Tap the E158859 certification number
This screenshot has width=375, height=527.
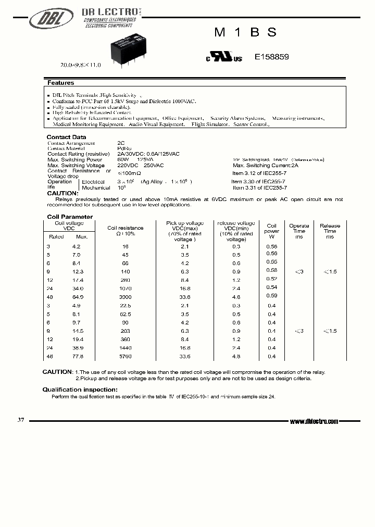point(271,58)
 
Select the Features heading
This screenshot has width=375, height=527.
point(61,83)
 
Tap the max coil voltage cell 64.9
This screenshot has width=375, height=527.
point(77,296)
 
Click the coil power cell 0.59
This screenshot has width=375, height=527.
point(271,296)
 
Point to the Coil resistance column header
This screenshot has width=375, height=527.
point(124,231)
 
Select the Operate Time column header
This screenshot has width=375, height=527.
point(299,231)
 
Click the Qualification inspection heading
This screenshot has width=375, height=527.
point(80,390)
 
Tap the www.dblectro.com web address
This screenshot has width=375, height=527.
point(314,421)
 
